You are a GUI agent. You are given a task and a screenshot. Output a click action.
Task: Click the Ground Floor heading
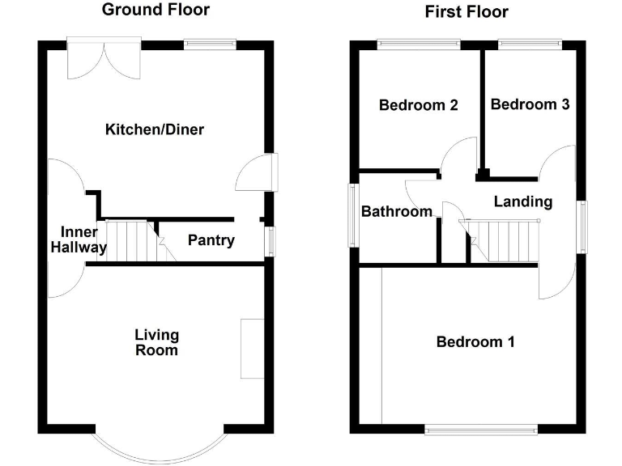click(x=155, y=10)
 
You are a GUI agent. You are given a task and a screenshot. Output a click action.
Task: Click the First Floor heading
click(x=466, y=11)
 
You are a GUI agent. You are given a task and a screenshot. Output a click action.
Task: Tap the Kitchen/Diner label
click(x=154, y=129)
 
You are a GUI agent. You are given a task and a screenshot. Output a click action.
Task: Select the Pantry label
click(x=211, y=240)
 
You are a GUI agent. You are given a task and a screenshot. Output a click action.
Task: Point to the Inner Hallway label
click(x=79, y=240)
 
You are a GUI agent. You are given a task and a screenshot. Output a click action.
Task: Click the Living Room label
click(x=156, y=342)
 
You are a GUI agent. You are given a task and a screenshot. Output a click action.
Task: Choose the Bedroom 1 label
click(x=475, y=341)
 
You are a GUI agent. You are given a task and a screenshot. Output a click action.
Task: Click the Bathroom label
click(x=397, y=212)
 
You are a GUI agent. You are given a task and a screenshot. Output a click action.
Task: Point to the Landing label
click(x=522, y=201)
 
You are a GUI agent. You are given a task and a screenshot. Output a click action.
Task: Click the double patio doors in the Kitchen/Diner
click(x=104, y=57)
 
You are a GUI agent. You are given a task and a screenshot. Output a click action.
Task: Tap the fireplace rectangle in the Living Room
click(x=252, y=348)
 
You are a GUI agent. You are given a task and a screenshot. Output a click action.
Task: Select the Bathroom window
click(x=354, y=214)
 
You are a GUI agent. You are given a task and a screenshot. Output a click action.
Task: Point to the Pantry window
click(x=271, y=239)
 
